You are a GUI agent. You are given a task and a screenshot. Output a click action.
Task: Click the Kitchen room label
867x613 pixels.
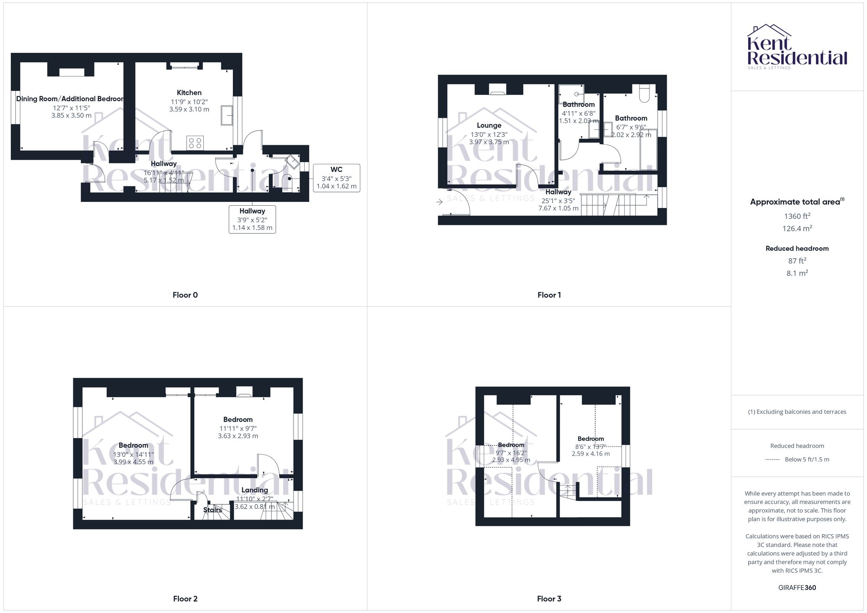coord(189,93)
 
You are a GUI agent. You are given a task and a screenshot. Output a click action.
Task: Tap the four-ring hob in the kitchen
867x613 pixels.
coord(195,143)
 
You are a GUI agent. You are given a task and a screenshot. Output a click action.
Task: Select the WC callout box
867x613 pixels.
coord(336,178)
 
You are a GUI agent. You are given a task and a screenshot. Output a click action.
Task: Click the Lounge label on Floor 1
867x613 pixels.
coord(489,126)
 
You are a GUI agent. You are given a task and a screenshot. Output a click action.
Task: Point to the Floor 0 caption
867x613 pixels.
coord(185,295)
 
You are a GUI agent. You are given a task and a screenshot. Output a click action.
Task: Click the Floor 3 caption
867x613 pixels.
coord(549,599)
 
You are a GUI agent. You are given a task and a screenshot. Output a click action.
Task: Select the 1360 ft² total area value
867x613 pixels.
coord(797,216)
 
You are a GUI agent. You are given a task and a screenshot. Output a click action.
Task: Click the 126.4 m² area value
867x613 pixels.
coord(797,228)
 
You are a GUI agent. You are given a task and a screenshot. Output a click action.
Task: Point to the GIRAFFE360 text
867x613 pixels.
coord(797,587)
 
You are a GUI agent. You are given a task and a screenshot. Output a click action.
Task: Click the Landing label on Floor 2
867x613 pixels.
coord(254,490)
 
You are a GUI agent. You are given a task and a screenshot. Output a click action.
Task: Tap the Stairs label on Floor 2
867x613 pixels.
coord(212,510)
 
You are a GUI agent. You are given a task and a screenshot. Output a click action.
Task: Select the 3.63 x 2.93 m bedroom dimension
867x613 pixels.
coord(238,436)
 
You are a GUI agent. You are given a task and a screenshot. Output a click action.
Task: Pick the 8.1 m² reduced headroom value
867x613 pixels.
coord(797,273)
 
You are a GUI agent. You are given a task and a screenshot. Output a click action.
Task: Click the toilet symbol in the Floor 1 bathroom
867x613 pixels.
coord(644,94)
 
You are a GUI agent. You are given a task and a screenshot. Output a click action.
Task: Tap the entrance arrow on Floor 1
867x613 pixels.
coord(440,202)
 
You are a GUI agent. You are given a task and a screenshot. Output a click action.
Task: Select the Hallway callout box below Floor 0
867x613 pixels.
coord(252,219)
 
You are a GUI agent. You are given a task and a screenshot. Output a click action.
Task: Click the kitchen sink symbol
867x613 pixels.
coord(226,115)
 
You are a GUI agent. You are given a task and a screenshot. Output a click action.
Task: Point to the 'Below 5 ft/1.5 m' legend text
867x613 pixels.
coord(807,459)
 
